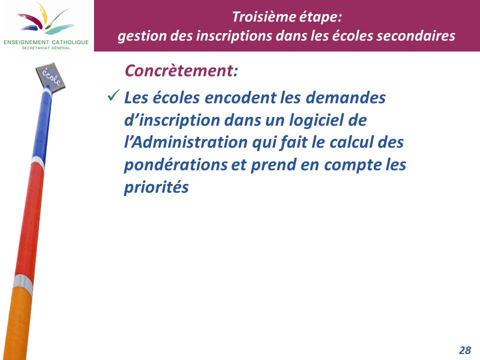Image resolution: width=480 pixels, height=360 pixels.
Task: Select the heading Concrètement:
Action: (x=181, y=70)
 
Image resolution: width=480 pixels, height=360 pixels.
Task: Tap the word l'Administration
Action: (x=186, y=142)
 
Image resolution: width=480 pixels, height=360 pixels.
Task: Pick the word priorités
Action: (x=156, y=187)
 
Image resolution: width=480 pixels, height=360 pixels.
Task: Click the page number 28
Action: (x=465, y=350)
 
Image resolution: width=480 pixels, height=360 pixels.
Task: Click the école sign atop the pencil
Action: (x=50, y=77)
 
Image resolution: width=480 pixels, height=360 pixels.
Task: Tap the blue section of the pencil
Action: (x=42, y=125)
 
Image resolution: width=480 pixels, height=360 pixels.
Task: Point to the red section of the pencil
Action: (x=29, y=220)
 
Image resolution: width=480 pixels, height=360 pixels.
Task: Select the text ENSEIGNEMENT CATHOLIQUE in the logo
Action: (x=46, y=42)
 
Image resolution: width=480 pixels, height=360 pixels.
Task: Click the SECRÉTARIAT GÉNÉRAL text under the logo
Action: (x=46, y=48)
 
